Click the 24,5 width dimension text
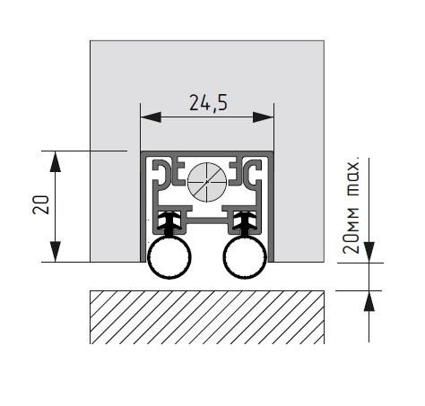point(208,103)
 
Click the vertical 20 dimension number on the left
point(40,204)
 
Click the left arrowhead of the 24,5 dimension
point(151,117)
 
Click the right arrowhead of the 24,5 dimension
point(264,117)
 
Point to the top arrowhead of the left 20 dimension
point(56,161)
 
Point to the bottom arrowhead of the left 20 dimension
point(56,252)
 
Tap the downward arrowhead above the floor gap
point(369,253)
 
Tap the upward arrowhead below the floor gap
point(369,301)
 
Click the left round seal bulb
point(169,256)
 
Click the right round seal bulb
point(245,256)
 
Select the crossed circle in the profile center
point(207,182)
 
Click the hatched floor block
point(207,317)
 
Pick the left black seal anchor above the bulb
point(169,223)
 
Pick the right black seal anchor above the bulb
point(245,223)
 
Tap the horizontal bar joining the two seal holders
point(207,221)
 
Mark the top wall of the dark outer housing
point(207,153)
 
